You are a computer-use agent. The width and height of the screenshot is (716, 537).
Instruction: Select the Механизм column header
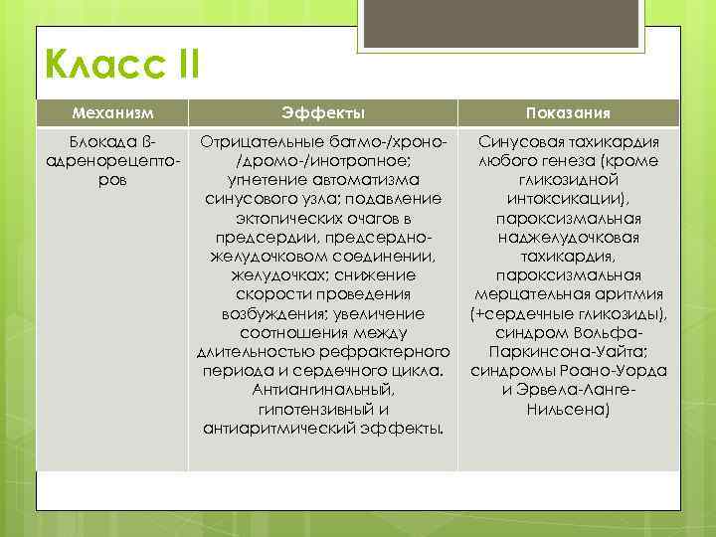(111, 113)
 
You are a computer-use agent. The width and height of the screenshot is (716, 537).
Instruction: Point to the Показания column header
(569, 113)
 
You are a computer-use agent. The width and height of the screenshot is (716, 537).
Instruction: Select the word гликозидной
(570, 180)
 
